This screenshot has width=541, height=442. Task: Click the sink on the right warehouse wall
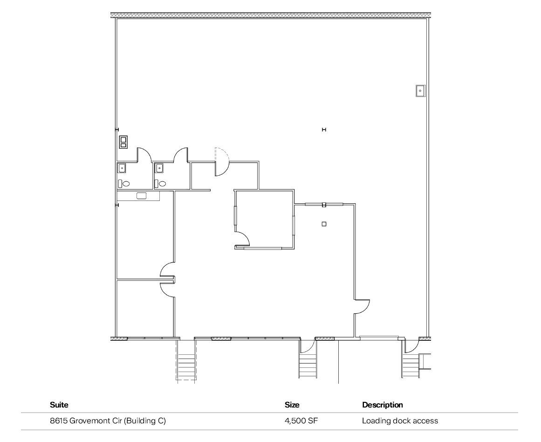pyautogui.click(x=420, y=90)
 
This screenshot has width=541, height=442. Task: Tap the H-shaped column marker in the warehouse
pyautogui.click(x=324, y=130)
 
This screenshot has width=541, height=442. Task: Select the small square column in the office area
pyautogui.click(x=324, y=224)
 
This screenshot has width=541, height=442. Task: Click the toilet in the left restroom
pyautogui.click(x=126, y=183)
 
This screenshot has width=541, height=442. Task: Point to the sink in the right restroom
pyautogui.click(x=159, y=168)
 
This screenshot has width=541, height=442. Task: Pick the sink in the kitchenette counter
pyautogui.click(x=141, y=196)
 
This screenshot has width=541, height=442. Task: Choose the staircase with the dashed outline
pyautogui.click(x=186, y=361)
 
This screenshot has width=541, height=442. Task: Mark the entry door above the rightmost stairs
pyautogui.click(x=410, y=345)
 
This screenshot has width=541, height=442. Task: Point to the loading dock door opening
pyautogui.click(x=379, y=338)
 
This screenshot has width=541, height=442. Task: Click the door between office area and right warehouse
pyautogui.click(x=362, y=306)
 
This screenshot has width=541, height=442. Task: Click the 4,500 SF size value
pyautogui.click(x=301, y=421)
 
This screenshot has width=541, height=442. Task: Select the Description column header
pyautogui.click(x=382, y=405)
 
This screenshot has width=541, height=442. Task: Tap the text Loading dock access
pyautogui.click(x=400, y=421)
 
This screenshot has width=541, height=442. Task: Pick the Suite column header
pyautogui.click(x=59, y=405)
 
